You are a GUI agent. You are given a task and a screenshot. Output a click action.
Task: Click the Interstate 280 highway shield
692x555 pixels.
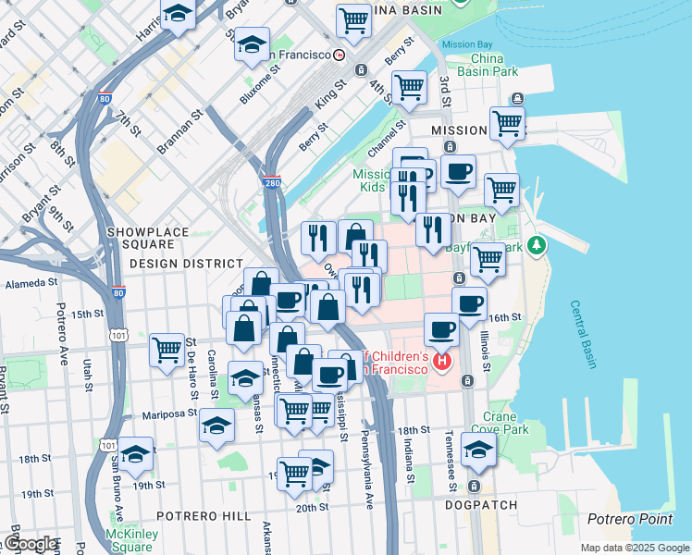click(271, 181)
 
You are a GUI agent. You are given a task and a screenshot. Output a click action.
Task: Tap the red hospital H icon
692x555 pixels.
click(442, 360)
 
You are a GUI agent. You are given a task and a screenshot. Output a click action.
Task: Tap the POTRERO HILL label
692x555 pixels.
click(202, 514)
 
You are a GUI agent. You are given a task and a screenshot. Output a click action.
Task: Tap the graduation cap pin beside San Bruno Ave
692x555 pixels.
click(135, 454)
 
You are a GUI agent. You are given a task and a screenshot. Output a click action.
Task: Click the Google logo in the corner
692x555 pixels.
click(30, 544)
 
